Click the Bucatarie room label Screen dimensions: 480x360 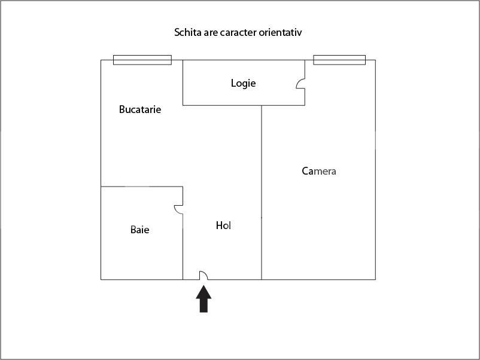coord(140,109)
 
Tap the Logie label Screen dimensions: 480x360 coord(244,83)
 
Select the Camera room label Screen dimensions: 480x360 coord(319,171)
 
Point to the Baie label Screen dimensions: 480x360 coord(140,230)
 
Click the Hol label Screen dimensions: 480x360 coord(223,225)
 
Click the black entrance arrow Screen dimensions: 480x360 coord(203,299)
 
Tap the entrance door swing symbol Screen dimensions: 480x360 coord(203,275)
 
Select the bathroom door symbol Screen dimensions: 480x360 coord(178,209)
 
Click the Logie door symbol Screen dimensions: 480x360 coord(300,84)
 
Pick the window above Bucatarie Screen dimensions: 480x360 coord(142,60)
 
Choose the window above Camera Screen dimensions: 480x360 coord(339,60)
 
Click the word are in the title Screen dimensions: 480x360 coord(211,33)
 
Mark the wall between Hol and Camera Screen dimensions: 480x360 coord(262,193)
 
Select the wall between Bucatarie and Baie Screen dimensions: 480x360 coord(142,187)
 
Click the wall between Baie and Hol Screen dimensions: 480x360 coord(183,247)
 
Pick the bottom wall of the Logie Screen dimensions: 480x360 coord(244,105)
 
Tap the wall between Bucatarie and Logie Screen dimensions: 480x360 coord(183,83)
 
